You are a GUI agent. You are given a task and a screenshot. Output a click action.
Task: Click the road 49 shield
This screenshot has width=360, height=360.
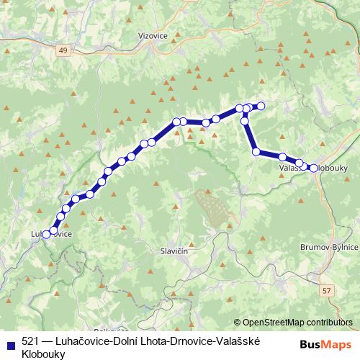(64, 50)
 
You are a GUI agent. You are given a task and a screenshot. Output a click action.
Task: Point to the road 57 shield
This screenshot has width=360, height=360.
(328, 289)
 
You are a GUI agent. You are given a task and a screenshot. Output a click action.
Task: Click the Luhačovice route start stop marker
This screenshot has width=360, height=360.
(47, 234)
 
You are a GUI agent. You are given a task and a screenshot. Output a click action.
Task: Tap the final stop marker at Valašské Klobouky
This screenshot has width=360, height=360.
(314, 168)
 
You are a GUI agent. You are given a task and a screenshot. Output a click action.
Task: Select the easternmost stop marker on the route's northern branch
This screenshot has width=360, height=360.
(261, 107)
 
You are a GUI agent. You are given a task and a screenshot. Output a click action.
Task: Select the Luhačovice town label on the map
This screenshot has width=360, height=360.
(51, 234)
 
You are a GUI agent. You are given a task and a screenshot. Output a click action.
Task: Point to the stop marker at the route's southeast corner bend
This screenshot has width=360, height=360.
(256, 152)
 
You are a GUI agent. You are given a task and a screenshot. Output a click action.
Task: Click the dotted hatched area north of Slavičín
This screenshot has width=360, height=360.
(212, 209)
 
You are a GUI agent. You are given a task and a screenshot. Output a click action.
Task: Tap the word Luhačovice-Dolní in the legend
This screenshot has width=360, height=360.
(96, 342)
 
